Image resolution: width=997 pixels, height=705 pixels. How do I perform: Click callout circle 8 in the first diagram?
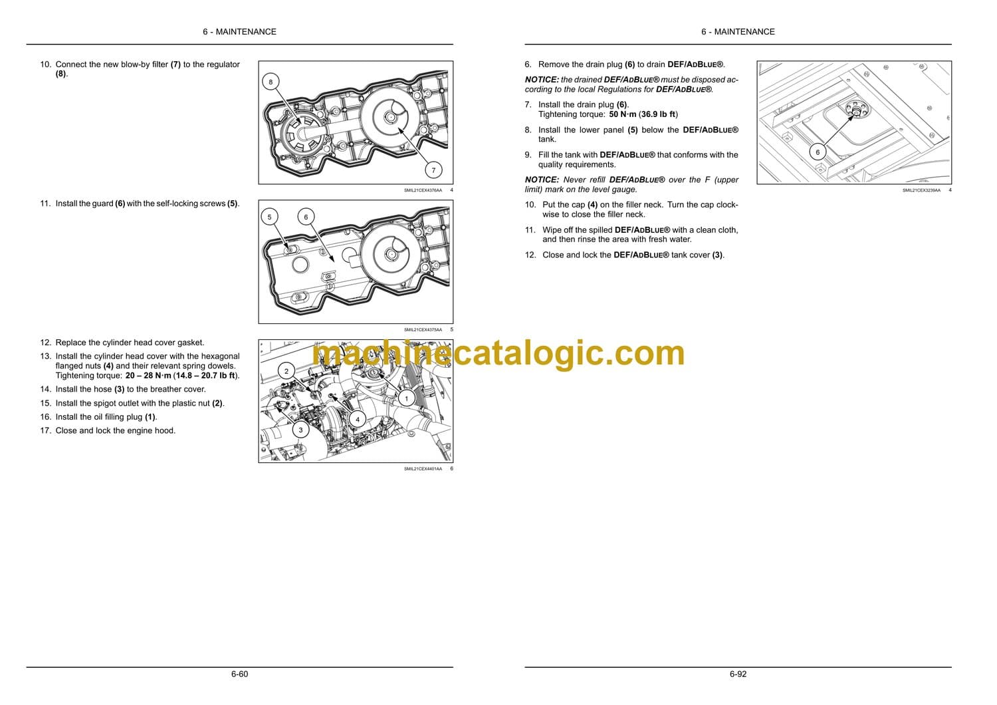271,82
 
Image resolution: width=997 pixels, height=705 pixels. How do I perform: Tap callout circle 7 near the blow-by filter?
433,170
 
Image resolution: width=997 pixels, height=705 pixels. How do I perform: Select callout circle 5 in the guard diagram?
269,217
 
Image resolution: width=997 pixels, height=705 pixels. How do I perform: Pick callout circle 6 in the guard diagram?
306,217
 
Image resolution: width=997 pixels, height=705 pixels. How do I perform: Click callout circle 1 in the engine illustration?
406,398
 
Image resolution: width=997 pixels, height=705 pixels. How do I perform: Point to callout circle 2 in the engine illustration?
286,371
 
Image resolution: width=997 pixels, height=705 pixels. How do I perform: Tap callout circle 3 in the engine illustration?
300,430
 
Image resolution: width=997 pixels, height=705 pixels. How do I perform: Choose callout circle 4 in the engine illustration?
358,419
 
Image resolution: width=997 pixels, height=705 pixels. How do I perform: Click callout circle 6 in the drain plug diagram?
817,152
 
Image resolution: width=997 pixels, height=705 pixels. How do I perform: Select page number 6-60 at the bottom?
239,674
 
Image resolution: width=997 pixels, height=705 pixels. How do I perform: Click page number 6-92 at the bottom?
738,674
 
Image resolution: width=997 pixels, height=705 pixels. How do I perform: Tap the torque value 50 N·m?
623,114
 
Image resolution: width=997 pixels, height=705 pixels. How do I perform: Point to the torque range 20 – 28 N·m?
148,375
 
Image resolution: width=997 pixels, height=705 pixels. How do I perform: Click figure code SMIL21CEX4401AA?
423,469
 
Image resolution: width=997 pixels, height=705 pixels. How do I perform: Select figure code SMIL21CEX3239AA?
921,190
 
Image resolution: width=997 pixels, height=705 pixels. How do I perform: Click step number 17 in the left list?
45,431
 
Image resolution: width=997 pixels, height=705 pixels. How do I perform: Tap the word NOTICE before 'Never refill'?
542,180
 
